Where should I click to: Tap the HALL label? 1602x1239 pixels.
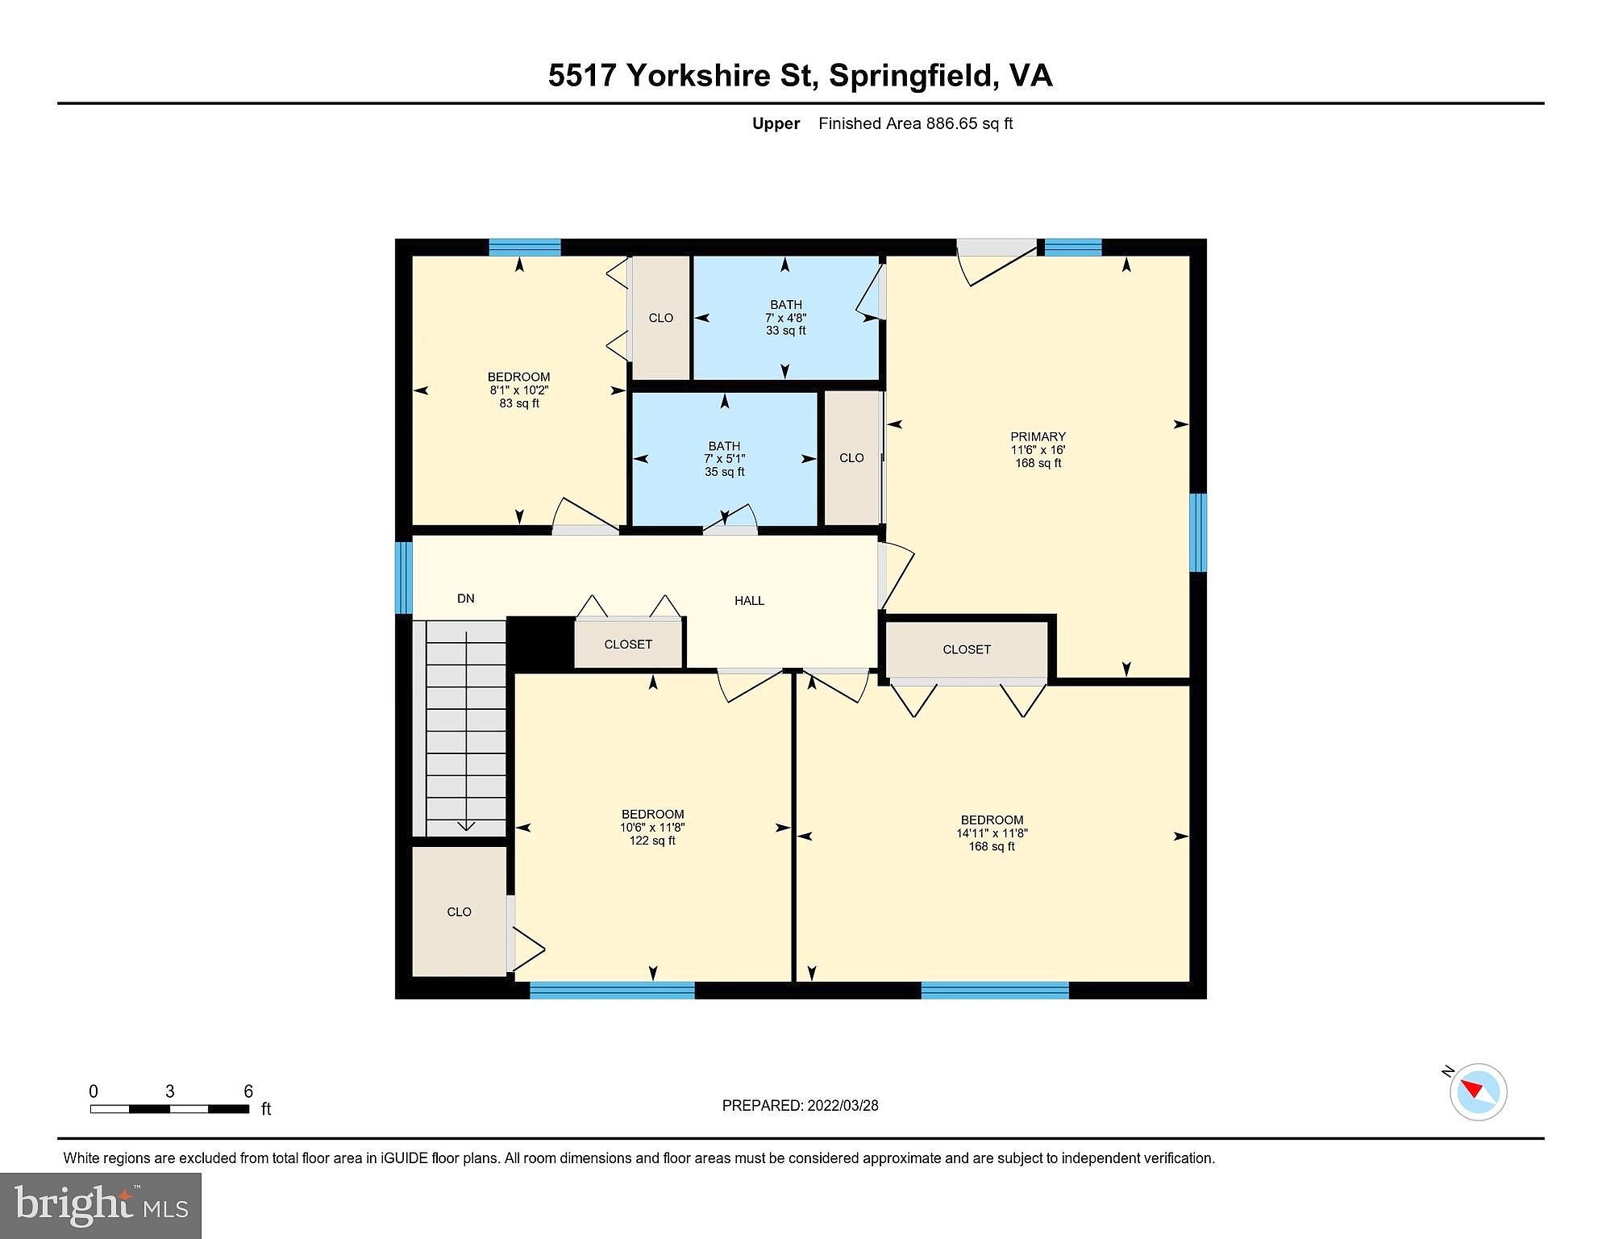749,600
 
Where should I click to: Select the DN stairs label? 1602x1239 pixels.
466,599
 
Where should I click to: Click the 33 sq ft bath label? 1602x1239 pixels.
785,317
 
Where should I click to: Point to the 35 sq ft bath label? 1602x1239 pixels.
724,458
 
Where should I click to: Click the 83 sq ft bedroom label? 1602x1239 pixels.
519,390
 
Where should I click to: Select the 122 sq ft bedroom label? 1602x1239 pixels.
652,827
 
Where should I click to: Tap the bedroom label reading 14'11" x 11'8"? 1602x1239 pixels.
992,832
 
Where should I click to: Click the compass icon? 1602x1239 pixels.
1477,1091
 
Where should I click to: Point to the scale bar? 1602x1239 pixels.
169,1109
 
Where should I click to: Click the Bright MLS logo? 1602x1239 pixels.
101,1205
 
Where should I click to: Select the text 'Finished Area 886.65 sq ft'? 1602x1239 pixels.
915,123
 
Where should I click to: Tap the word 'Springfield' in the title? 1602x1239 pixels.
910,76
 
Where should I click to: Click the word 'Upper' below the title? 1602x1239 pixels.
776,123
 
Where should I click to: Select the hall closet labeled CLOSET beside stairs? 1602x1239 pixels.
628,644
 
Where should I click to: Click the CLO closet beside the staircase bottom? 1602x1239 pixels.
459,912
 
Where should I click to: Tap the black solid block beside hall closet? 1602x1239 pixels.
540,644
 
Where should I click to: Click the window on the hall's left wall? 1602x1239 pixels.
403,578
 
